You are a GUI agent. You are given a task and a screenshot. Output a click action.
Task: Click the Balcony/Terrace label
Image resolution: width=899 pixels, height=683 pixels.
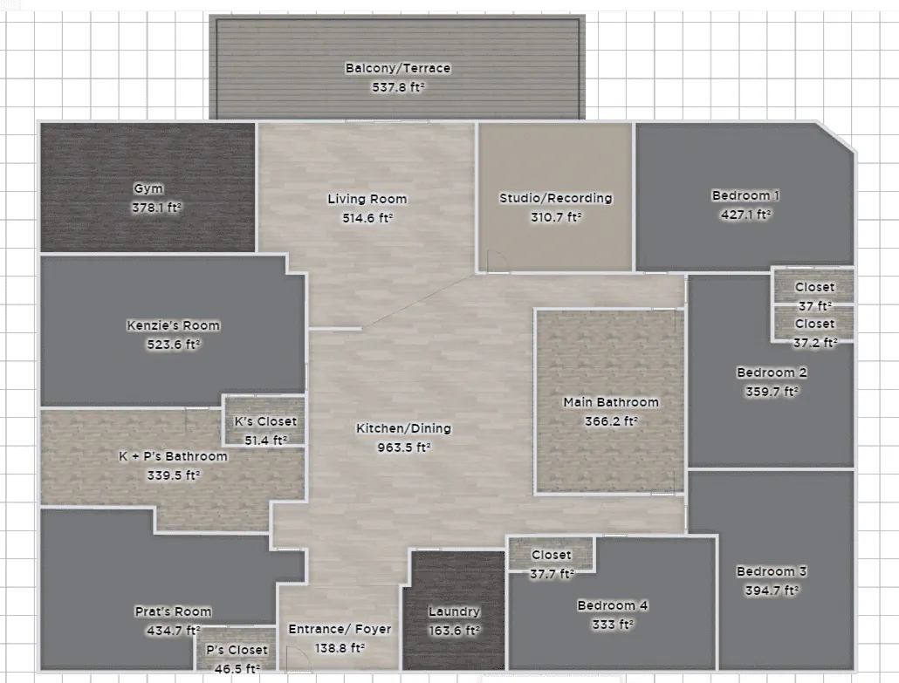tap(398, 68)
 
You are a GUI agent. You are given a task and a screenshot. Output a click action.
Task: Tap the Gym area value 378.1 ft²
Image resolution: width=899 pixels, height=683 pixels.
tap(156, 208)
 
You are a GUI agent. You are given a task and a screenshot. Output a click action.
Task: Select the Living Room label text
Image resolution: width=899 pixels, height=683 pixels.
tap(367, 199)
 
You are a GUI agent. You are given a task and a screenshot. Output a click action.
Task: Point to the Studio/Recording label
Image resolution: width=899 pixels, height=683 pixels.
tap(556, 198)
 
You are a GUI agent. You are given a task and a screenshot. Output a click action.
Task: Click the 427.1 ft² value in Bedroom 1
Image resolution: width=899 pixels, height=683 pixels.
tap(745, 215)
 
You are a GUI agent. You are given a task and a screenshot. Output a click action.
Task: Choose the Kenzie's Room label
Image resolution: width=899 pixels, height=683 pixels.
tap(173, 325)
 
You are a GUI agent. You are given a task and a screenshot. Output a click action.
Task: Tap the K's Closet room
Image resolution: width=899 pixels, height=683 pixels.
tap(264, 420)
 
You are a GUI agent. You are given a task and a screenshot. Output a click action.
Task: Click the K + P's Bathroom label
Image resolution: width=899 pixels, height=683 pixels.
tap(173, 456)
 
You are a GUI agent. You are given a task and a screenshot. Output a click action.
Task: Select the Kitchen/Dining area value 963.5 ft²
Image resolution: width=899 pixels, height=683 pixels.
tap(403, 447)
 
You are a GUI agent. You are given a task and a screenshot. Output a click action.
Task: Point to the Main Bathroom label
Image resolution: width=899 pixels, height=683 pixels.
tap(611, 402)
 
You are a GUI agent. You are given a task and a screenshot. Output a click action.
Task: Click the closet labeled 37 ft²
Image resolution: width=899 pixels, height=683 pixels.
tap(813, 286)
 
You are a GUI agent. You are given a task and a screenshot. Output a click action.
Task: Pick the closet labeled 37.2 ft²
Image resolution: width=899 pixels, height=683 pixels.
tap(813, 324)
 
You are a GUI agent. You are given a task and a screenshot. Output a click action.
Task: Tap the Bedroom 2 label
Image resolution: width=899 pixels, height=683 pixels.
tap(772, 372)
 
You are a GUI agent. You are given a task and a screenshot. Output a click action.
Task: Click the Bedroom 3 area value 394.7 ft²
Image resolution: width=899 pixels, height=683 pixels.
tap(772, 591)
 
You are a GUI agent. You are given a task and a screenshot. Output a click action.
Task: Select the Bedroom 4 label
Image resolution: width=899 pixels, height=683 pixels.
tap(613, 605)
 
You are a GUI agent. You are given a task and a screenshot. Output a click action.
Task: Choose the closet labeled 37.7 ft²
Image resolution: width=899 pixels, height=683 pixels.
tap(551, 555)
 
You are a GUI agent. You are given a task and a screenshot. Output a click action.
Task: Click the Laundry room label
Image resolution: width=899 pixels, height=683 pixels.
tap(454, 611)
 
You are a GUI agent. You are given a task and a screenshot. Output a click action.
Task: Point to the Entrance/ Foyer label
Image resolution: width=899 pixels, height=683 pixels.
tap(340, 629)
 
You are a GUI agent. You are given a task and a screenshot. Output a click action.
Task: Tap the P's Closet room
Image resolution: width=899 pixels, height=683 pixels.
tap(237, 649)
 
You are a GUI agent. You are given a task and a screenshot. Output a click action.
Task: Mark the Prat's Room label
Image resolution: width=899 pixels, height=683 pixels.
tap(173, 611)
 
